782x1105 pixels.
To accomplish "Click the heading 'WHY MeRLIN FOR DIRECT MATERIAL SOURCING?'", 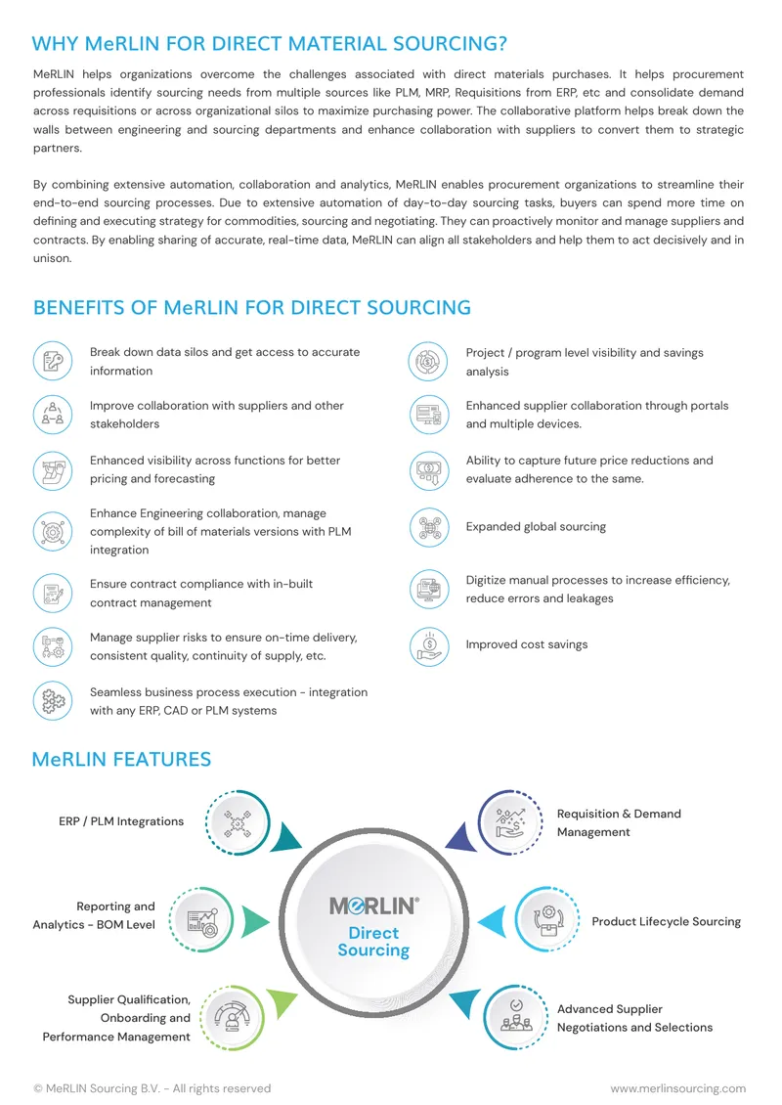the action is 269,44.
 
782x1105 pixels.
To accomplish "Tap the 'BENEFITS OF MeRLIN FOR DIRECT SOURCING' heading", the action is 251,308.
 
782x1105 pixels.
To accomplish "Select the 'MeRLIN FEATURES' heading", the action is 121,759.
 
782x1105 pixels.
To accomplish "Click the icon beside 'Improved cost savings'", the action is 429,646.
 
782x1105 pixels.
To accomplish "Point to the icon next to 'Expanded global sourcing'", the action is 429,528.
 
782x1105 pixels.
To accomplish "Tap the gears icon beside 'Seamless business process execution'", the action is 53,701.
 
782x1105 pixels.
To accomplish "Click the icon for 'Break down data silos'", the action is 53,362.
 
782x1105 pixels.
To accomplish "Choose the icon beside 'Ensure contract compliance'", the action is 53,594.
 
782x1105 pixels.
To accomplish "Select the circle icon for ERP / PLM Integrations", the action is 239,822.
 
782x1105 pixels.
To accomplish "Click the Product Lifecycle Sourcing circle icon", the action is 546,919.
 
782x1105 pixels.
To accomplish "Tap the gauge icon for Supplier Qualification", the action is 232,1018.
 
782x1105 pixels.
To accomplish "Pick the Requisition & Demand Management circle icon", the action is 510,822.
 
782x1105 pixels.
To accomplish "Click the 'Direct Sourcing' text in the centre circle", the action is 373,942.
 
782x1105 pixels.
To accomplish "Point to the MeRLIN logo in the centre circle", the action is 374,906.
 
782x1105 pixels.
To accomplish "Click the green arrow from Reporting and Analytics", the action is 255,922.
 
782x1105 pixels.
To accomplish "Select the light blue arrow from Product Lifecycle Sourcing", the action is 492,922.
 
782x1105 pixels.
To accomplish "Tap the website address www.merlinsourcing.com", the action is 677,1088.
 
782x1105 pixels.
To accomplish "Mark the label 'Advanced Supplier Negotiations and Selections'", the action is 634,1018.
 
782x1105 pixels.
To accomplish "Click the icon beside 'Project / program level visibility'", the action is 427,362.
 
